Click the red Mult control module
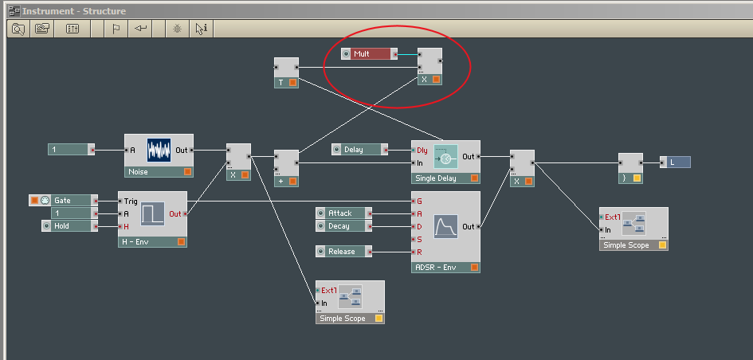369,53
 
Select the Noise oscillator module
159,155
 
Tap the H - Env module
152,219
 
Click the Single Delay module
445,162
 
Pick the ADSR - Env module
445,232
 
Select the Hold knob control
69,225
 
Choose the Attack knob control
344,213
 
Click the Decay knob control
344,225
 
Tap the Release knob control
344,251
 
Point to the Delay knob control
359,149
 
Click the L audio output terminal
675,162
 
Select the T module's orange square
292,83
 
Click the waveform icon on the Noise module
159,151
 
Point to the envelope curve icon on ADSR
445,226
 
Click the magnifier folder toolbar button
18,29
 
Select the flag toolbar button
116,29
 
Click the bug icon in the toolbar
177,29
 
